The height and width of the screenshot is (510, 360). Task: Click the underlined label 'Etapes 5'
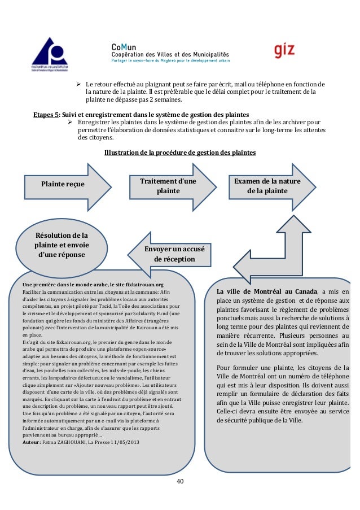[46, 114]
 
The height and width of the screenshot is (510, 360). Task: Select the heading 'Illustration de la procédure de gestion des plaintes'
[180, 152]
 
